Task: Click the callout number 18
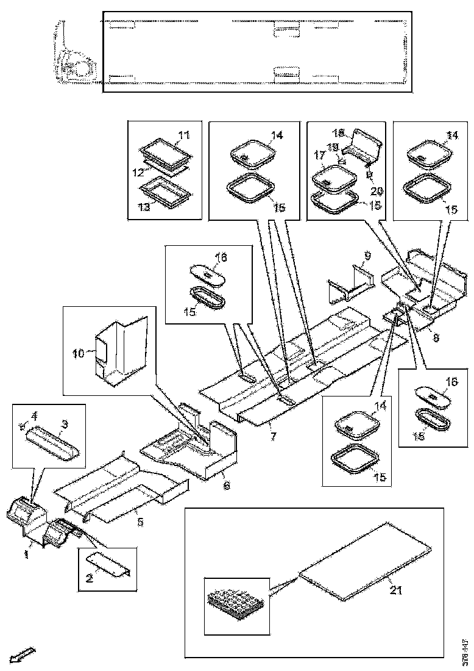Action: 339,132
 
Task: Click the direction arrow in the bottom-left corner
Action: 24,656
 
